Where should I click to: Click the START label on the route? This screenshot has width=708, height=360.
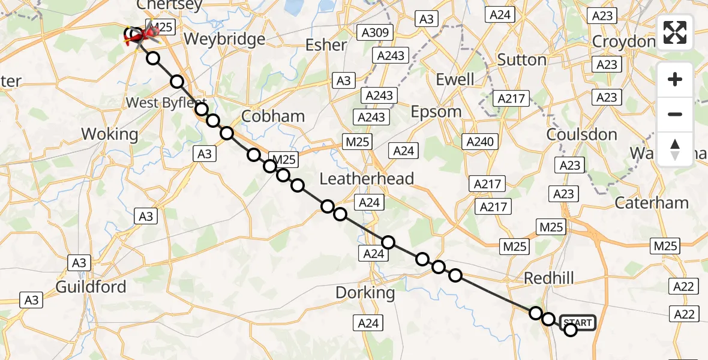click(578, 323)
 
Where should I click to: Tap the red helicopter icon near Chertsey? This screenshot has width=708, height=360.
click(137, 36)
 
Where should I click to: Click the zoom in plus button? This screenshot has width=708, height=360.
click(675, 80)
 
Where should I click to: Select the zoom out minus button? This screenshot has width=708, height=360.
click(675, 114)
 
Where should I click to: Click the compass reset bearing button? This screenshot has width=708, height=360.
click(675, 149)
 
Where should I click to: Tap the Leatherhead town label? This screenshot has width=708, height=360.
click(367, 178)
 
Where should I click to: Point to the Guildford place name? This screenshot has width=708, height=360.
click(91, 287)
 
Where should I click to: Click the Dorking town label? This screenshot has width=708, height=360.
click(365, 293)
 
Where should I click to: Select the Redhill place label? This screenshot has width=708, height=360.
click(548, 278)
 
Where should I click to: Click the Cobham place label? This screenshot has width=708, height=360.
click(273, 116)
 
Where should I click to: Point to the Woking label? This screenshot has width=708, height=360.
click(109, 134)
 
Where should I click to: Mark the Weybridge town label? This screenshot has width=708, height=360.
click(224, 40)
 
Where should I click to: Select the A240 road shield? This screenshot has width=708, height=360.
click(480, 142)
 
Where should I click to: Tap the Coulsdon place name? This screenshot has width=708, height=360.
click(582, 134)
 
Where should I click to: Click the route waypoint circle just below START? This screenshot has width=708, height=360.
click(571, 329)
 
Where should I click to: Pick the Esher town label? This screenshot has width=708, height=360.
click(326, 45)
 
